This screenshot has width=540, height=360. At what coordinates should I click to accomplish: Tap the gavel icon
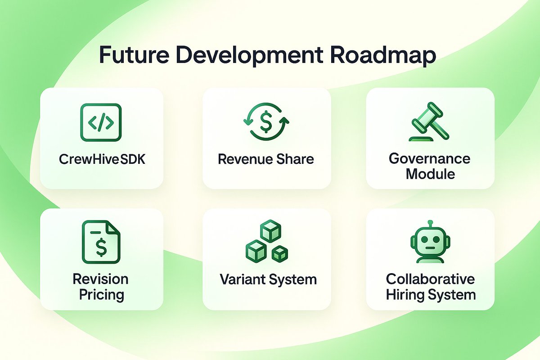click(x=430, y=122)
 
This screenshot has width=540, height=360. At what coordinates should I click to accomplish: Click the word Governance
click(x=430, y=158)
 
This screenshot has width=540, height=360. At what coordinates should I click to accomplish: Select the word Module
click(x=430, y=174)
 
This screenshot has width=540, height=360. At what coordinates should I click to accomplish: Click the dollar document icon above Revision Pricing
click(x=102, y=242)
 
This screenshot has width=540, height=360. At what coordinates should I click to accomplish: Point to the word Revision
click(x=101, y=279)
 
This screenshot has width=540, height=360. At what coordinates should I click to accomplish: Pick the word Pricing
click(x=101, y=295)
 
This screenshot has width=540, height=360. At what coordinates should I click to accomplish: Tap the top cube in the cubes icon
click(x=271, y=230)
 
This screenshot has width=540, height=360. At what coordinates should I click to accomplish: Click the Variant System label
click(x=268, y=279)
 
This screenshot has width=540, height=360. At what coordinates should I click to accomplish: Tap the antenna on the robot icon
click(x=430, y=224)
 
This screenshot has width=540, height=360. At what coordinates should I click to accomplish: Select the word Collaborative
click(x=430, y=279)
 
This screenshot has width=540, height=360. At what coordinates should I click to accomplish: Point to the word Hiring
click(x=407, y=295)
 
